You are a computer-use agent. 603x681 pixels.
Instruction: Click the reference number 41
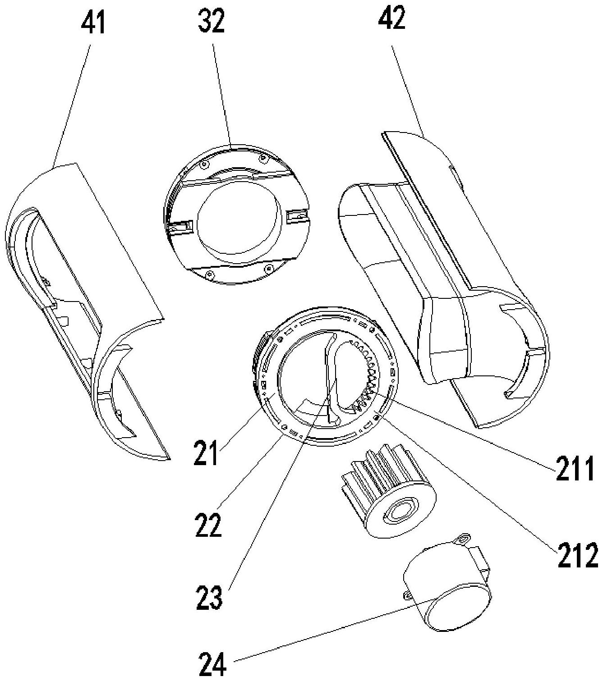click(93, 23)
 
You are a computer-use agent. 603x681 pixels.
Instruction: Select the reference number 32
click(211, 22)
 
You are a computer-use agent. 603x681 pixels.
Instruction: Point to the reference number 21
click(207, 453)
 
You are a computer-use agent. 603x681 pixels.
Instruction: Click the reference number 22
click(209, 525)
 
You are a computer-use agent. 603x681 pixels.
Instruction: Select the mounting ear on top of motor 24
click(462, 538)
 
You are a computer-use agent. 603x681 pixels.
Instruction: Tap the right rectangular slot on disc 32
click(298, 218)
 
